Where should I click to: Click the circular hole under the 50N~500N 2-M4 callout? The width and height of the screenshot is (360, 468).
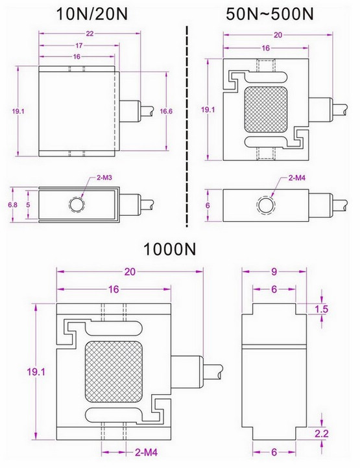click(265, 205)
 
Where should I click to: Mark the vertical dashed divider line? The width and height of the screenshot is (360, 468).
click(188, 123)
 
